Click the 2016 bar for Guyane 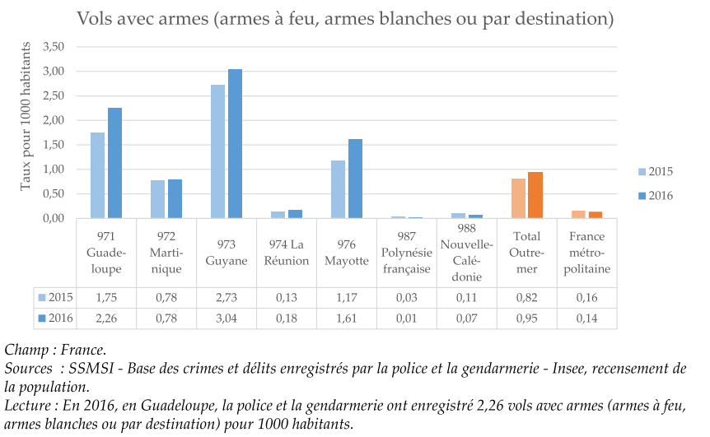coord(235,144)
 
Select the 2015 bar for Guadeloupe coord(97,175)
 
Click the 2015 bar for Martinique coord(157,199)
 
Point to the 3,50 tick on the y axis coord(53,46)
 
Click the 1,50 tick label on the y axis coord(53,145)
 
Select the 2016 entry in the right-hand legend coord(654,196)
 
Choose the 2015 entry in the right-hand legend coord(654,171)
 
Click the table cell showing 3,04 coord(227,318)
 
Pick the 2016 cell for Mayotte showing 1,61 coord(347,318)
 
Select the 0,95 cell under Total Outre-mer coord(527,318)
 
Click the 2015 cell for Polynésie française coord(407,297)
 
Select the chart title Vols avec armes coord(345,18)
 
